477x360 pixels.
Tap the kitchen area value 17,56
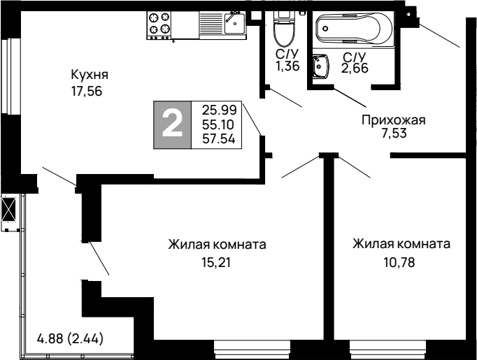(90, 91)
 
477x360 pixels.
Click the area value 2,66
(354, 68)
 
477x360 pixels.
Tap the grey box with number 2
(172, 124)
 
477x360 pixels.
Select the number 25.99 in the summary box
(219, 110)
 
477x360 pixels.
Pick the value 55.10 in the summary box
(219, 124)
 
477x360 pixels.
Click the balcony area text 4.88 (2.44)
(70, 340)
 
